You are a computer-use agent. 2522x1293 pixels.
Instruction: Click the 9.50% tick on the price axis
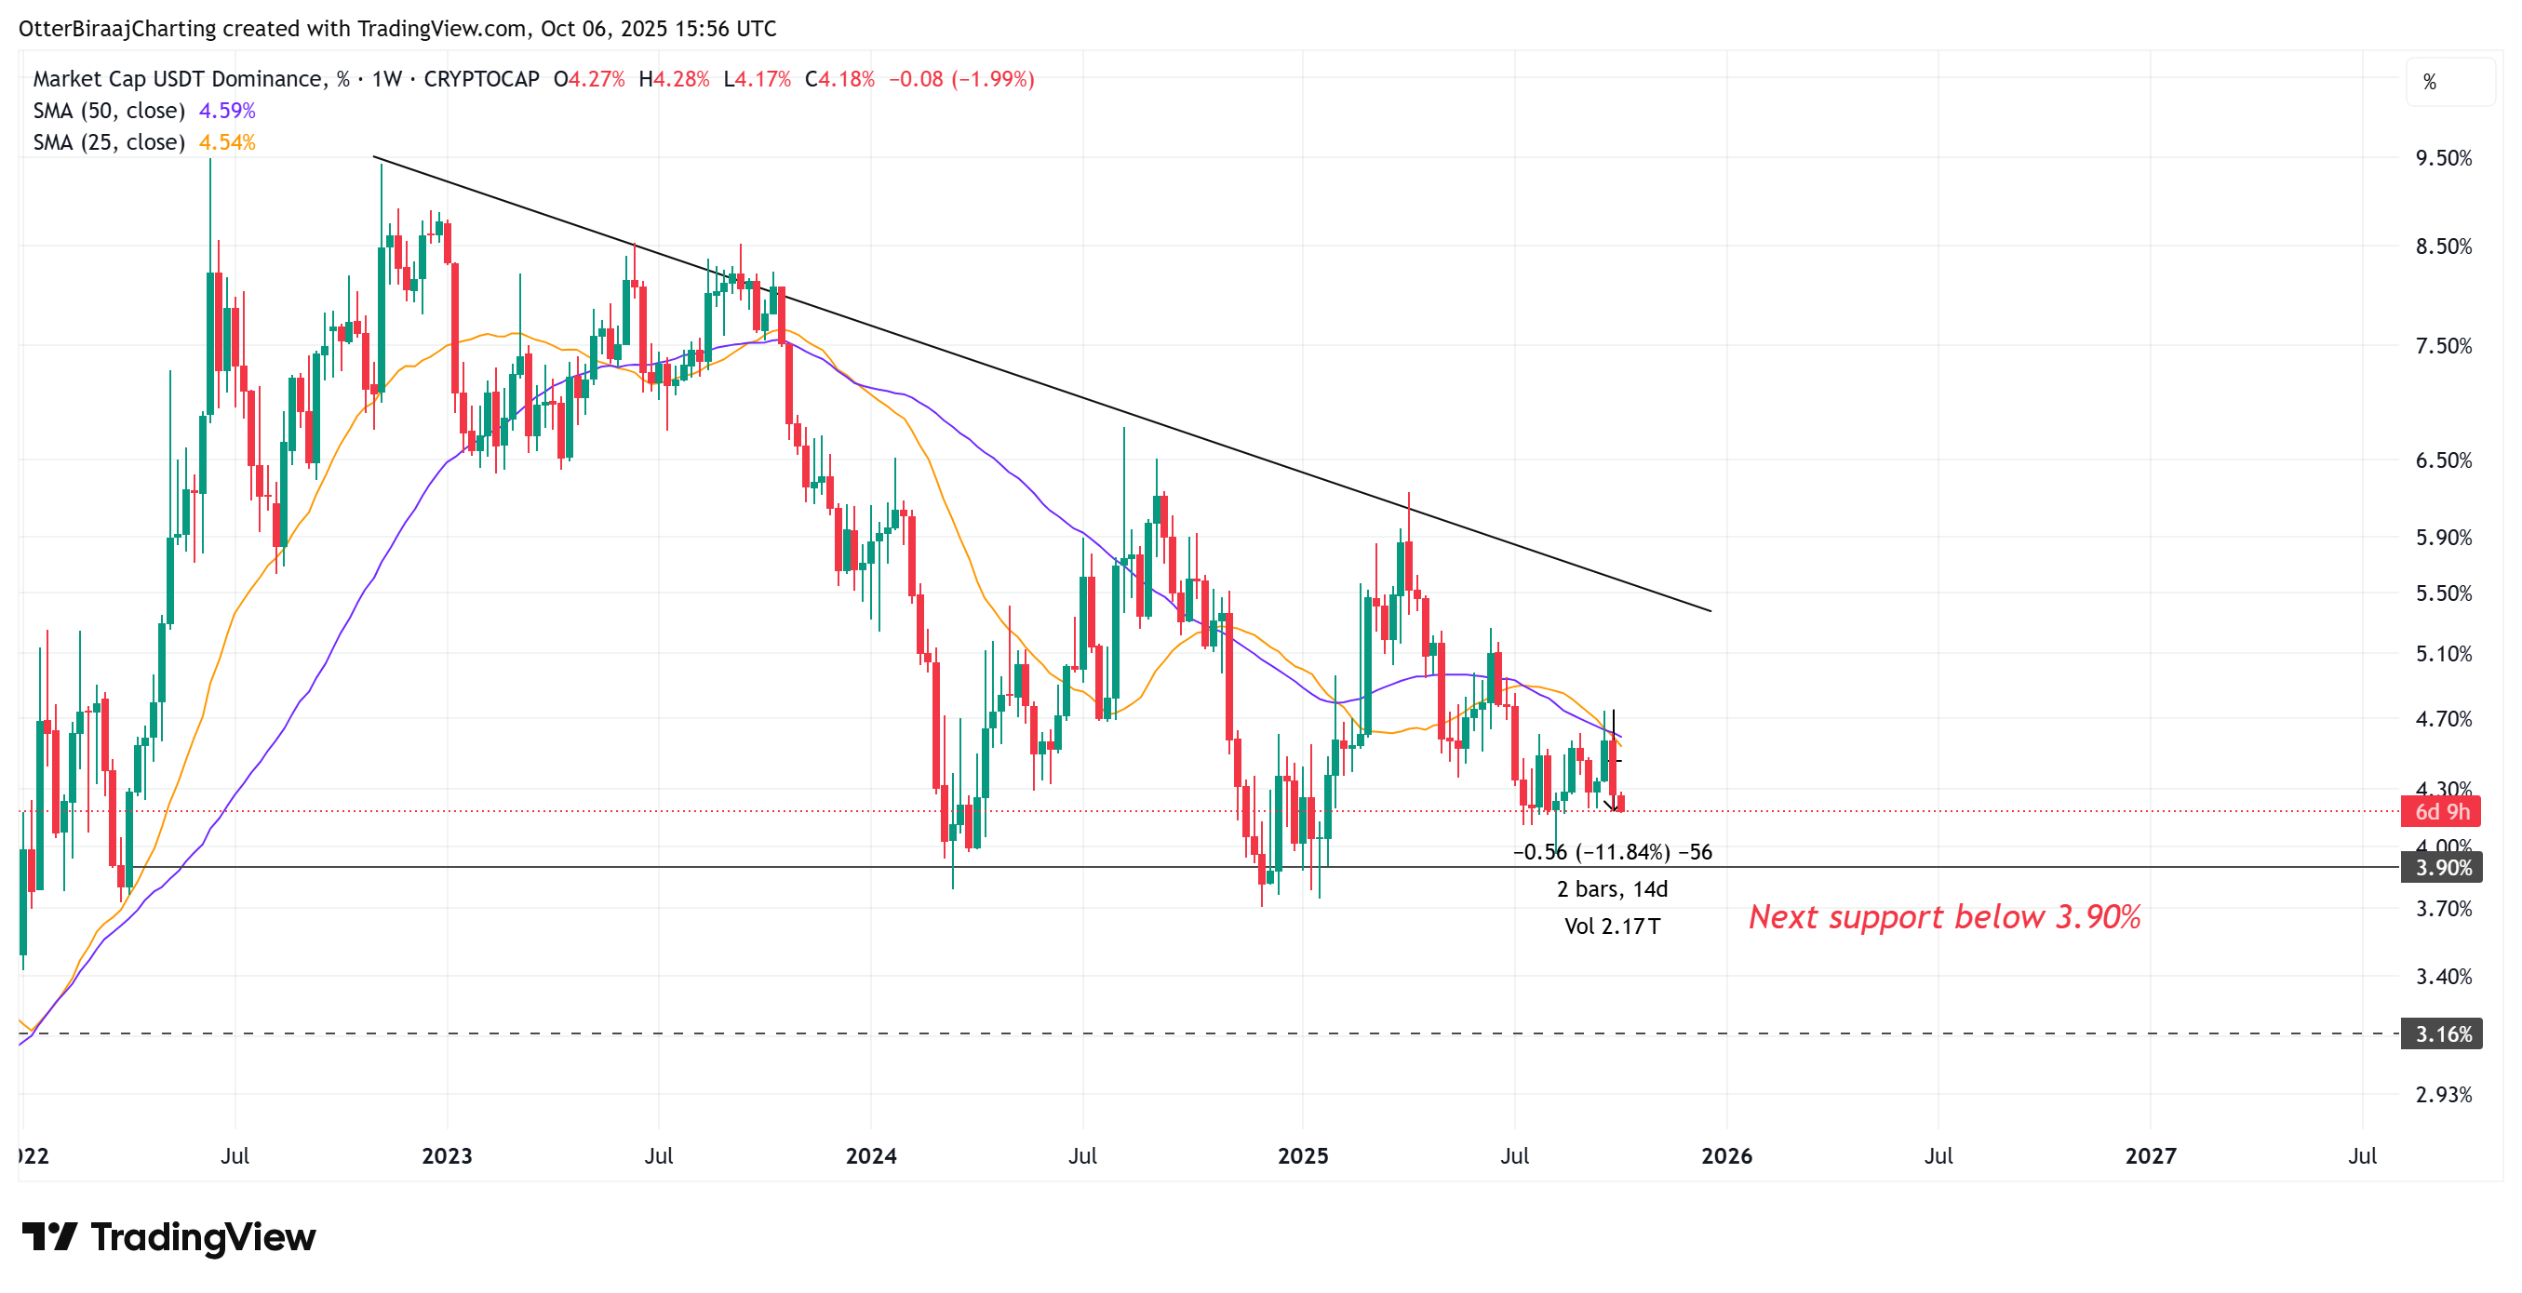[2443, 158]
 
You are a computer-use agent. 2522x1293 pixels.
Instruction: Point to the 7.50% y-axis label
[2443, 346]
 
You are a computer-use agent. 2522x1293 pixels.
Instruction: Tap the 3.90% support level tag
[2442, 868]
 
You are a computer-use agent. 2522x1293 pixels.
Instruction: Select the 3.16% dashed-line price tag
[2442, 1034]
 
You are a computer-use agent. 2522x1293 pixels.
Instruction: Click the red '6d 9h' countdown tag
[2442, 812]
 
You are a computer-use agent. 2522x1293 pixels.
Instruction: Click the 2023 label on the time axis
[447, 1157]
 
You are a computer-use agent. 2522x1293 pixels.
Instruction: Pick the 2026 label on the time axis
[1727, 1157]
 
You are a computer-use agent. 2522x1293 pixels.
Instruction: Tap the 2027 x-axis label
[2150, 1157]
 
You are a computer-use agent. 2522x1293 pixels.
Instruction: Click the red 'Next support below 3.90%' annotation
[1944, 917]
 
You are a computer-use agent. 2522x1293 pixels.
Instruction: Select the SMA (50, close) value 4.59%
[227, 111]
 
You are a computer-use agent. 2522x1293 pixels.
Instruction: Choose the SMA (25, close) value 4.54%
[227, 143]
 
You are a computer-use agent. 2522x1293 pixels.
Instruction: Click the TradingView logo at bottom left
[168, 1238]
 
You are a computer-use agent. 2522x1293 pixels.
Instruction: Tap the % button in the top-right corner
[2429, 82]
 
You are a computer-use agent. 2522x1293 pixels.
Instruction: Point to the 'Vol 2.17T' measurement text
[1612, 926]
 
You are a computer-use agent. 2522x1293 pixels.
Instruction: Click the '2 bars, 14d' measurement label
[1612, 889]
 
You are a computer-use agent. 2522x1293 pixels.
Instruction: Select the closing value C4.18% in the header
[839, 79]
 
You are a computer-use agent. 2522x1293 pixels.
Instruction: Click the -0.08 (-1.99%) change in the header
[960, 79]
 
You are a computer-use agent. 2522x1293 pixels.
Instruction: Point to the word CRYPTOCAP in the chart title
[481, 79]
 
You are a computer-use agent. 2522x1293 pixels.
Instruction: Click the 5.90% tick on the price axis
[2443, 539]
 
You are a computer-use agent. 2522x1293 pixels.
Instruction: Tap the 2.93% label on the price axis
[2443, 1095]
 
